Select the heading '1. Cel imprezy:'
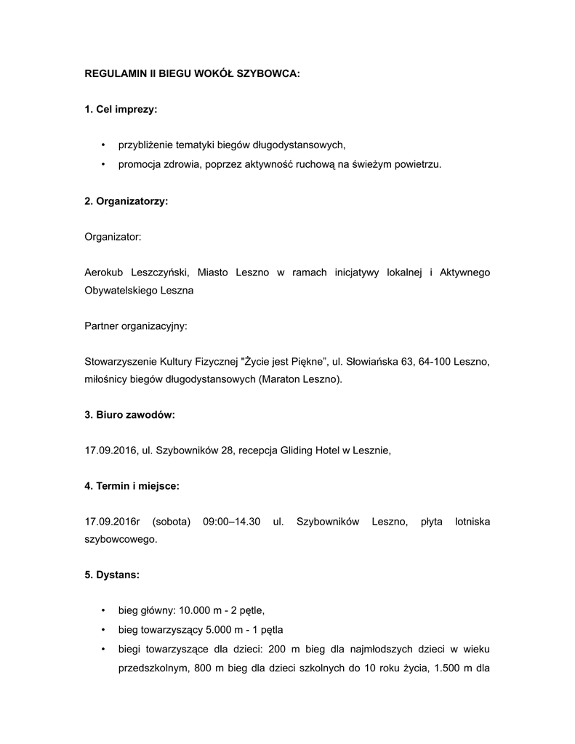pos(121,110)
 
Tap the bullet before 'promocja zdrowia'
pos(103,165)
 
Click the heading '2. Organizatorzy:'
pos(126,201)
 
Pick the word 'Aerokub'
pos(105,272)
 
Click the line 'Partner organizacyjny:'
pos(136,326)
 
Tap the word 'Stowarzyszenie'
pos(120,362)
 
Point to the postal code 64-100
pos(434,362)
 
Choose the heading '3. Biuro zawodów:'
pos(129,415)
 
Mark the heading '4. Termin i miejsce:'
pos(132,486)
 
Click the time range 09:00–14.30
pos(232,522)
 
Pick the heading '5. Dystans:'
pos(112,575)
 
